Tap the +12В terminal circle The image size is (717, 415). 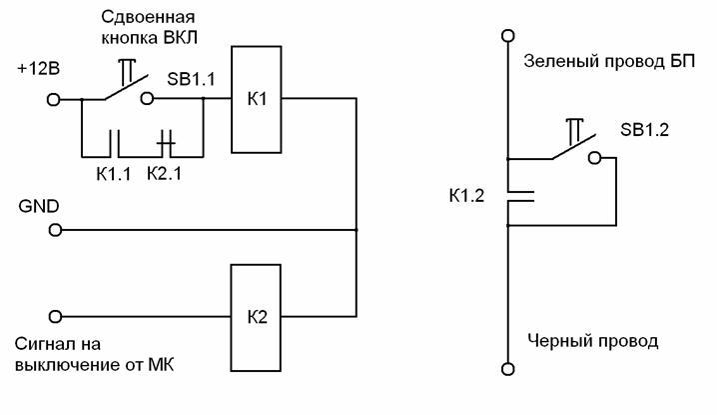(x=55, y=100)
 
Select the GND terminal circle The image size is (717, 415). (x=55, y=230)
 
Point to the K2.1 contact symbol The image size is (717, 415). (x=168, y=143)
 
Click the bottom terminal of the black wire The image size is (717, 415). (x=508, y=370)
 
